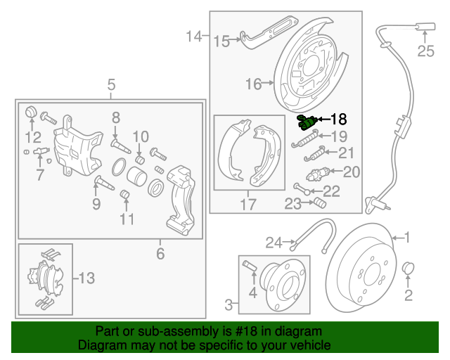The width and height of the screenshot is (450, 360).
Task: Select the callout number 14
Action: [194, 35]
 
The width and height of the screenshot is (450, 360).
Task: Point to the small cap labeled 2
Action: [407, 269]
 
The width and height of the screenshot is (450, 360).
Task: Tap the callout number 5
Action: [111, 86]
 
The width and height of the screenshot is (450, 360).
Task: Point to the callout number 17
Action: [248, 205]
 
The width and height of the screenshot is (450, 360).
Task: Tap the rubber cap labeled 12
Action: [30, 112]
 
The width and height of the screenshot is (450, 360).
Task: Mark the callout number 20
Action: [351, 171]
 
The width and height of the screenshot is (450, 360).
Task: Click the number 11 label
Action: [127, 219]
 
